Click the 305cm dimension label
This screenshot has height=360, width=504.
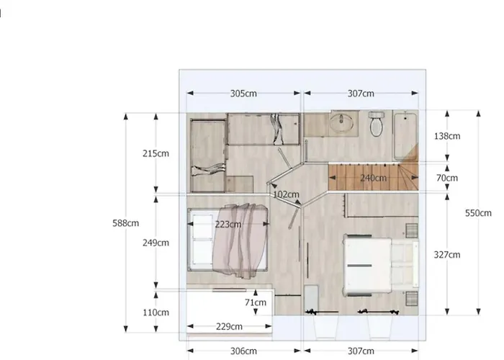[244, 94]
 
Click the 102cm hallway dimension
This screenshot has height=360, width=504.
[286, 194]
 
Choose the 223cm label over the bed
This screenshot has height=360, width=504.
[228, 225]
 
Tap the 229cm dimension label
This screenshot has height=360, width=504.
[228, 327]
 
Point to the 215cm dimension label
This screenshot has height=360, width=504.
[156, 153]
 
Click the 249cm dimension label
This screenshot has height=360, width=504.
[156, 243]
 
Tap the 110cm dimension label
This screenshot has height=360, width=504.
[156, 312]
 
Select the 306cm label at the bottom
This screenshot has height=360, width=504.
[244, 351]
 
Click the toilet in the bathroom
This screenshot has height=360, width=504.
[377, 125]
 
